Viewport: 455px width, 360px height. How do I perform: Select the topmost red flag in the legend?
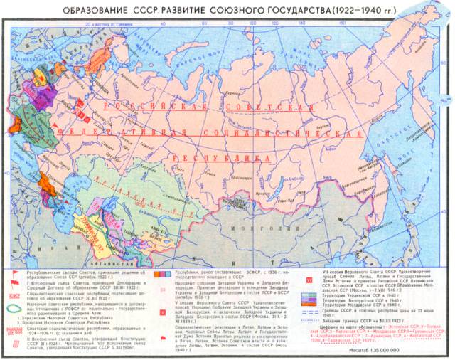pos(14,274)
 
